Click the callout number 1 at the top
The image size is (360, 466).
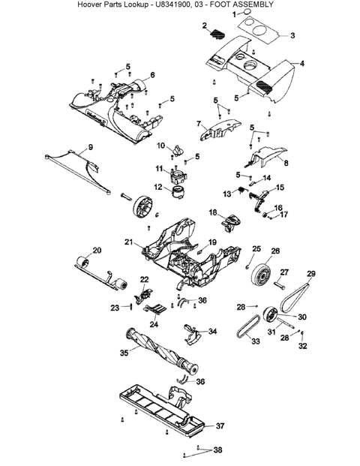click(x=234, y=14)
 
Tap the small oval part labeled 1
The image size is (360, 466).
click(x=247, y=11)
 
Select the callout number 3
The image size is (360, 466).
click(x=292, y=36)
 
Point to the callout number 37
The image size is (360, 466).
click(x=220, y=426)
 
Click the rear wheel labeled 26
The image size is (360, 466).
click(x=262, y=274)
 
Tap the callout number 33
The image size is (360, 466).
click(x=256, y=341)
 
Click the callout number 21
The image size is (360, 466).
click(x=128, y=242)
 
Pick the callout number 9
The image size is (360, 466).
click(x=91, y=147)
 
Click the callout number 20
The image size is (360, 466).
click(x=97, y=250)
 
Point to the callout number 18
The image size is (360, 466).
click(x=213, y=212)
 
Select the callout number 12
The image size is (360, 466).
click(x=158, y=187)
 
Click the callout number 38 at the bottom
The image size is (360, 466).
click(x=217, y=449)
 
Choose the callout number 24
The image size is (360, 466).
click(x=154, y=324)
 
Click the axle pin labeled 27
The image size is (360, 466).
click(x=279, y=285)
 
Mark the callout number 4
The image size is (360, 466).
click(x=302, y=64)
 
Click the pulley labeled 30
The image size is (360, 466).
click(x=270, y=314)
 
